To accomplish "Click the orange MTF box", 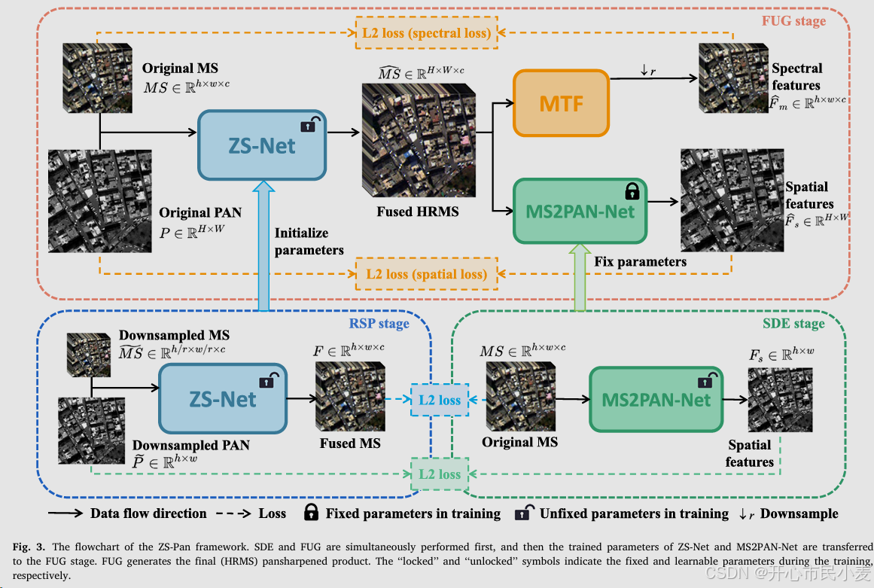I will pos(561,103).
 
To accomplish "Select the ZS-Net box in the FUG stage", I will pos(262,145).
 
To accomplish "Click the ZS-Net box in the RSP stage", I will pos(223,398).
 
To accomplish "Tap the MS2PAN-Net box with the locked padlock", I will pos(580,211).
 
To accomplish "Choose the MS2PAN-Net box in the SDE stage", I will pos(656,399).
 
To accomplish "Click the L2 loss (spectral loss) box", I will pos(426,33).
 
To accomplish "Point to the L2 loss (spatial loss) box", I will pos(426,274).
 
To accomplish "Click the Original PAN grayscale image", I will pos(99,200).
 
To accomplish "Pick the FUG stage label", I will pos(793,21).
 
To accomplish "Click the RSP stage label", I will pos(379,324).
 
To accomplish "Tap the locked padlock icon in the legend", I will pos(311,513).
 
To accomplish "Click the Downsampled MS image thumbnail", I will pos(89,355).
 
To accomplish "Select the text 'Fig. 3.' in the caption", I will pos(29,547).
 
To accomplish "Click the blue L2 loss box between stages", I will pos(440,400).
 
